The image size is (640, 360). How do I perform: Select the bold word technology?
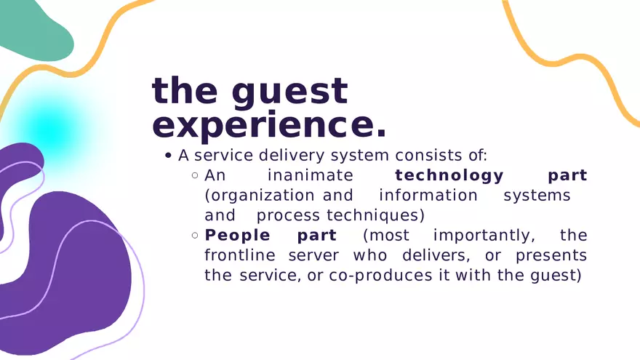coord(449,176)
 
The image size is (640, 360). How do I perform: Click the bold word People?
coord(237,236)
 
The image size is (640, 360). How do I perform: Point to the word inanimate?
coord(311,175)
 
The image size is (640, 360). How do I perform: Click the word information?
coord(428,196)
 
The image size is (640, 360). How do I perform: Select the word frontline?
coord(240,255)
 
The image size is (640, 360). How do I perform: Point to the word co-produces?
coord(380,276)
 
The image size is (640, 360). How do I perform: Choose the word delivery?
coord(292,156)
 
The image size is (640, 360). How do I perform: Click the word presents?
coord(551,256)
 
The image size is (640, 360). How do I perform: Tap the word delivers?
coord(436,255)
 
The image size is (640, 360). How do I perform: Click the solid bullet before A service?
coord(168,156)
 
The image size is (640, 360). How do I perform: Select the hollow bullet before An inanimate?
coord(195,175)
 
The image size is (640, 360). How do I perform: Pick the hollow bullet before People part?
coord(195,236)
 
